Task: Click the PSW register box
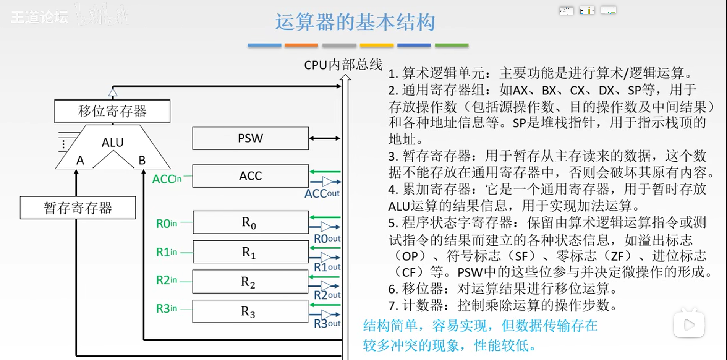coord(251,138)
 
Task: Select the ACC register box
coord(251,176)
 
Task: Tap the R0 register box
coord(251,222)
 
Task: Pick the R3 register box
coord(250,311)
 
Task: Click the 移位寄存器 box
coord(112,111)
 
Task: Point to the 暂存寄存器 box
coord(78,208)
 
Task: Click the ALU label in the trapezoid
coord(113,143)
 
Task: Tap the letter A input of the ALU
coord(80,160)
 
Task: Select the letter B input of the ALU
coord(142,160)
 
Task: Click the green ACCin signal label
coord(167,179)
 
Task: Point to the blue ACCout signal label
coord(322,193)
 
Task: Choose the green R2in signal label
coord(167,280)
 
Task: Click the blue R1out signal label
coord(327,267)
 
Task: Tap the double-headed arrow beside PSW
coord(324,138)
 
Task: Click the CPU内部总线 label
coord(343,65)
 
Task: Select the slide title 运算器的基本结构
coord(355,22)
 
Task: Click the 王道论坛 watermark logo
coord(39,17)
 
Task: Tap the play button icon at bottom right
coord(689,325)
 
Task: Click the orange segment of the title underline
coord(301,45)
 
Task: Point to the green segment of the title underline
coord(452,45)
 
